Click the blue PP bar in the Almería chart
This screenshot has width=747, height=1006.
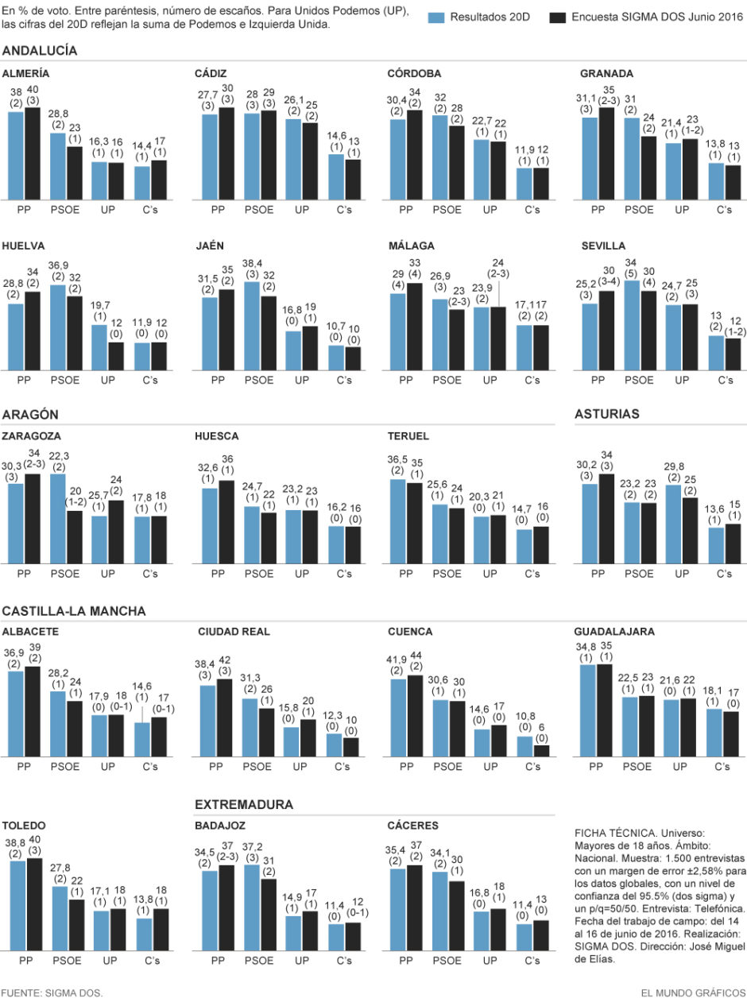(x=16, y=156)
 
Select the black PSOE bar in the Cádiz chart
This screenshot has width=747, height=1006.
(x=268, y=155)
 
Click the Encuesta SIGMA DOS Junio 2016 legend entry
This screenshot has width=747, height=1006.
(x=644, y=17)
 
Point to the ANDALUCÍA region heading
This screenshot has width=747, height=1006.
(x=40, y=50)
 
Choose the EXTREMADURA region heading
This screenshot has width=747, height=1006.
(x=244, y=804)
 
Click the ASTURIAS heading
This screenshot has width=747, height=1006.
(x=607, y=414)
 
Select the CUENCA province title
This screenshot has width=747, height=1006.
(x=410, y=632)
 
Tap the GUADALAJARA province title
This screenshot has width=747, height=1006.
(x=614, y=632)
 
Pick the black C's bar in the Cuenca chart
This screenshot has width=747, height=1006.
(x=541, y=750)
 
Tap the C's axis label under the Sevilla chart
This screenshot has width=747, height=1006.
(x=725, y=380)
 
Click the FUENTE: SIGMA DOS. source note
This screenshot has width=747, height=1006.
(x=52, y=993)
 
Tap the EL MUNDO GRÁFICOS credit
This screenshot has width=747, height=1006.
(x=694, y=993)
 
